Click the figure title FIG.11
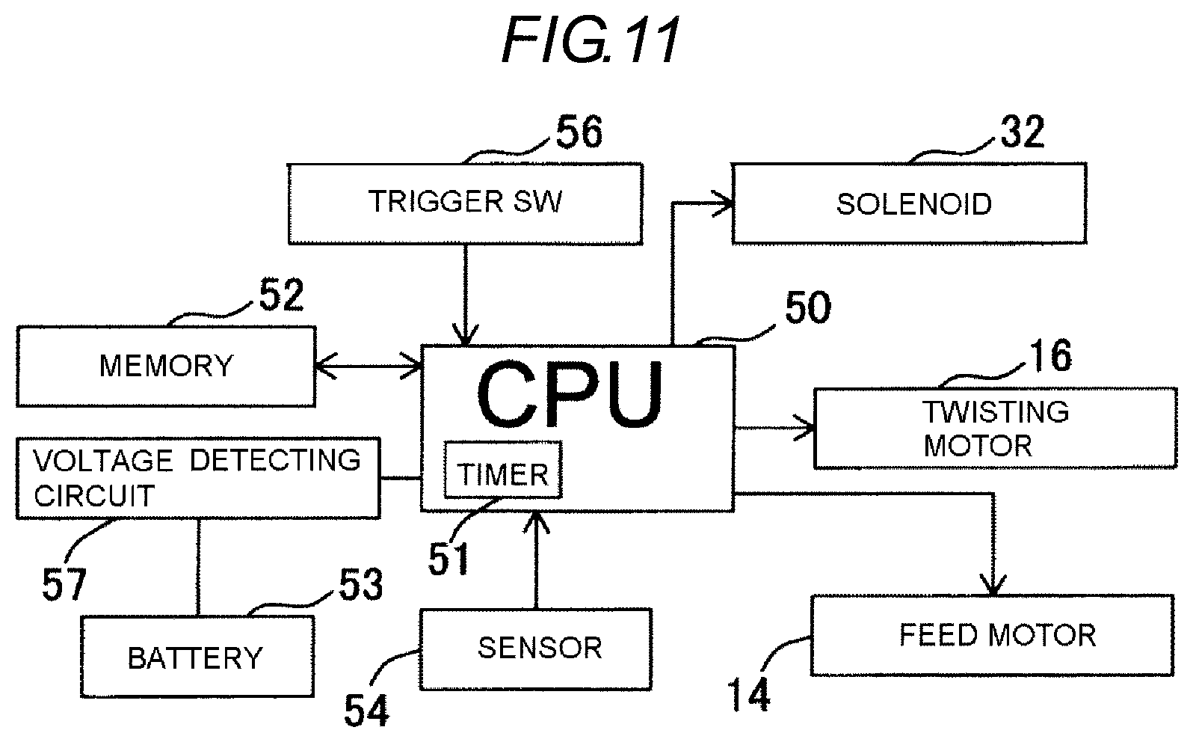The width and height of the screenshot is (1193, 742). [x=590, y=39]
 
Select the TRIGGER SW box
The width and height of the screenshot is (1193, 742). [x=466, y=204]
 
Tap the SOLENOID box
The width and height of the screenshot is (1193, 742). [x=909, y=203]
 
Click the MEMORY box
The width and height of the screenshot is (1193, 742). [x=166, y=367]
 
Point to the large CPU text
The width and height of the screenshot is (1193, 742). [x=570, y=394]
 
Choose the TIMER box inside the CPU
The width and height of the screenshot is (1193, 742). [x=503, y=470]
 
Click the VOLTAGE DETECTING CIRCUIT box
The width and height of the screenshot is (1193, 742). [x=198, y=478]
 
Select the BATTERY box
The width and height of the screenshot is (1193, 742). [x=197, y=657]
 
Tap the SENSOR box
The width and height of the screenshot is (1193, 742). [x=536, y=649]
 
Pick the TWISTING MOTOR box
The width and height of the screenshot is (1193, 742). [x=996, y=429]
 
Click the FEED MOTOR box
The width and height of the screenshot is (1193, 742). [x=992, y=635]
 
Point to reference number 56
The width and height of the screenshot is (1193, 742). [x=579, y=132]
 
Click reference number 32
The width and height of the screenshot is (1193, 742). [x=1022, y=132]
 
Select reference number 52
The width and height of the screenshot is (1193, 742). [x=281, y=294]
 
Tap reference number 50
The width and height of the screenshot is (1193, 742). [x=808, y=307]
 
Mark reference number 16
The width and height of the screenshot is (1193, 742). [x=1051, y=355]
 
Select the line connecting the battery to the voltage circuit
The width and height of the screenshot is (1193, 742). [x=198, y=568]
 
